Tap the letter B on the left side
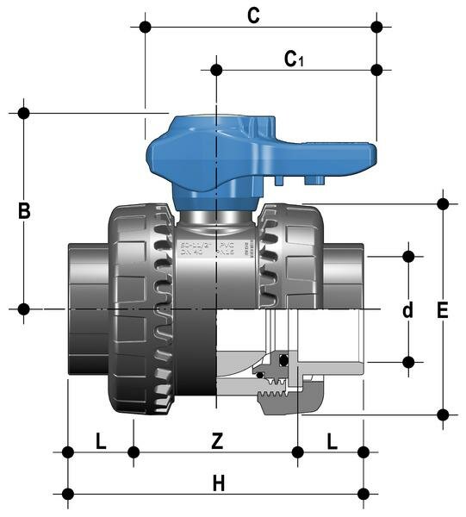point(26,210)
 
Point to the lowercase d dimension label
point(407,309)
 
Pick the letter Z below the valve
point(218,441)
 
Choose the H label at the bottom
point(219,483)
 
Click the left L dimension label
point(101,441)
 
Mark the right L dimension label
point(332,441)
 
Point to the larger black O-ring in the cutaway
point(282,359)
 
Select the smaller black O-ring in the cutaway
point(259,373)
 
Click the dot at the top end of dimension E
point(443,204)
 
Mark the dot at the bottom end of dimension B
point(24,308)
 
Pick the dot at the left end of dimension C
point(145,27)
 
